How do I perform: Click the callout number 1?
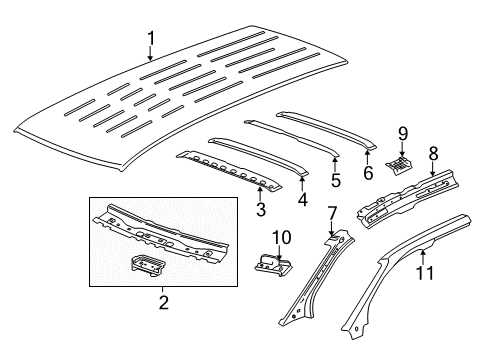(152, 40)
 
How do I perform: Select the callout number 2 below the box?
(164, 301)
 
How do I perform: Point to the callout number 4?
(301, 198)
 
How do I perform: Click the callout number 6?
(367, 173)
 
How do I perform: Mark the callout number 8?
(432, 153)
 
